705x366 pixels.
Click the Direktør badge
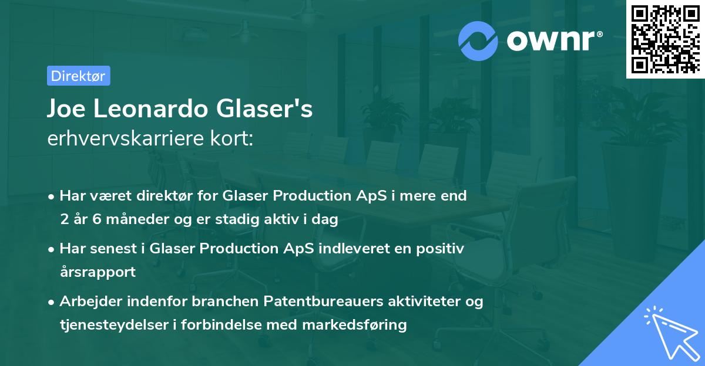coord(78,76)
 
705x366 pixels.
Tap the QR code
coord(664,39)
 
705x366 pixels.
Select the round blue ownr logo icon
coord(478,40)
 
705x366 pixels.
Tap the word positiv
coord(442,249)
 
